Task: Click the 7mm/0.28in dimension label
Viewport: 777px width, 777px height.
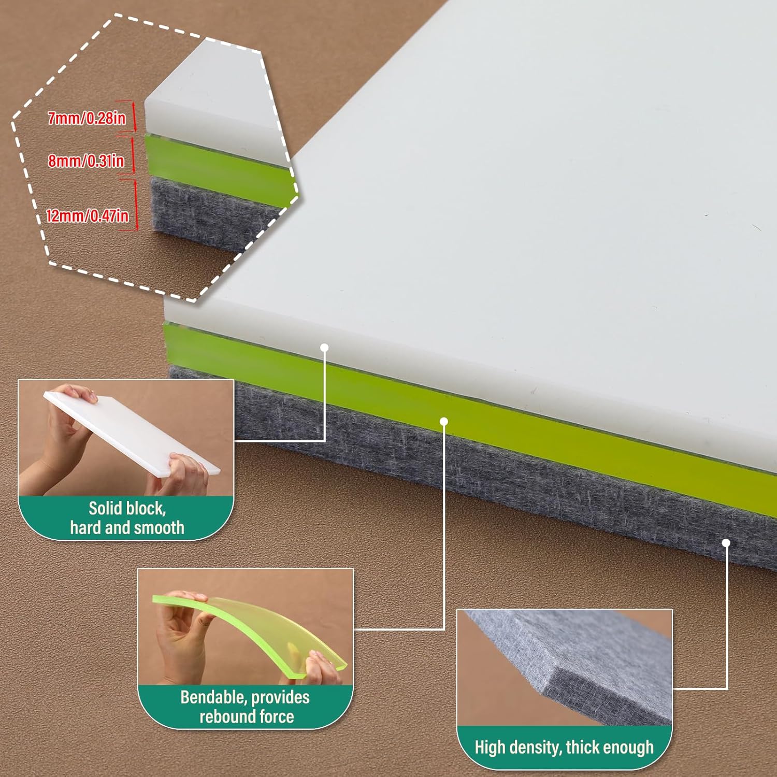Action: (x=87, y=119)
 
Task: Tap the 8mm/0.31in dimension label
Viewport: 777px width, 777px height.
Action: (x=86, y=161)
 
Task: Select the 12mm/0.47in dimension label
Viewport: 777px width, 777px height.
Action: (x=87, y=215)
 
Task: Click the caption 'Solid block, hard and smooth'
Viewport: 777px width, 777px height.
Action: (x=127, y=518)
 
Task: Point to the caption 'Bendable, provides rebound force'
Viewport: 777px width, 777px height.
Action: (x=246, y=707)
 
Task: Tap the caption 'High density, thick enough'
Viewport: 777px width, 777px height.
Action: (x=564, y=747)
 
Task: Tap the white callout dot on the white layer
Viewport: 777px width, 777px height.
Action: (x=325, y=348)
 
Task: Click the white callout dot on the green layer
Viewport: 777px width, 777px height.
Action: (x=444, y=422)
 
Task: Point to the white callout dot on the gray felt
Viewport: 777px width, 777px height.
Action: (x=726, y=543)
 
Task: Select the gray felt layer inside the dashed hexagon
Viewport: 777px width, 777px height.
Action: (x=207, y=207)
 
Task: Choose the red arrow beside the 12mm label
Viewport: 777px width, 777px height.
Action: (x=136, y=204)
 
